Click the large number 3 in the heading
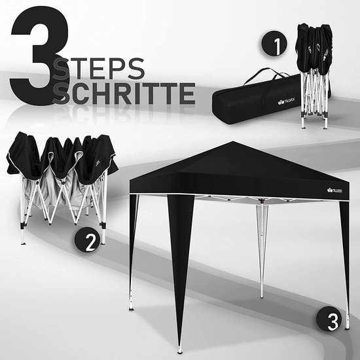pos(40,56)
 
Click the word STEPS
pos(99,69)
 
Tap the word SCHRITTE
pos(124,94)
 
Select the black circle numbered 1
pos(274,43)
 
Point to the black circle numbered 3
pos(329,319)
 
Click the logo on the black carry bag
pos(286,101)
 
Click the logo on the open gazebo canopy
pos(334,190)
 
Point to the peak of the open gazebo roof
pos(233,141)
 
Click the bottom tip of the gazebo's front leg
pos(180,352)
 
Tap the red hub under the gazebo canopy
pos(261,201)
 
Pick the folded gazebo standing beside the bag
pos(314,75)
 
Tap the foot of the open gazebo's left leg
pos(131,308)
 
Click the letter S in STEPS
pos(61,69)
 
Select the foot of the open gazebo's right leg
pos(348,328)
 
